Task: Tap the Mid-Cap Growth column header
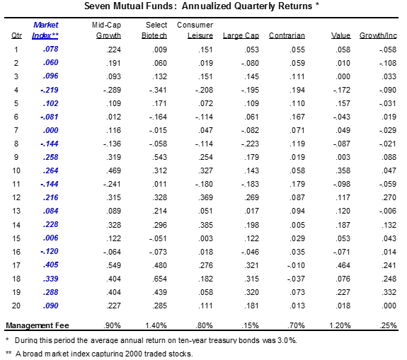(108, 30)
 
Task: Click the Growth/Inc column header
(378, 35)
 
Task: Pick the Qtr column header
(16, 35)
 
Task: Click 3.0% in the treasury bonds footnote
(286, 340)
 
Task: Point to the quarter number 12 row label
(16, 197)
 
